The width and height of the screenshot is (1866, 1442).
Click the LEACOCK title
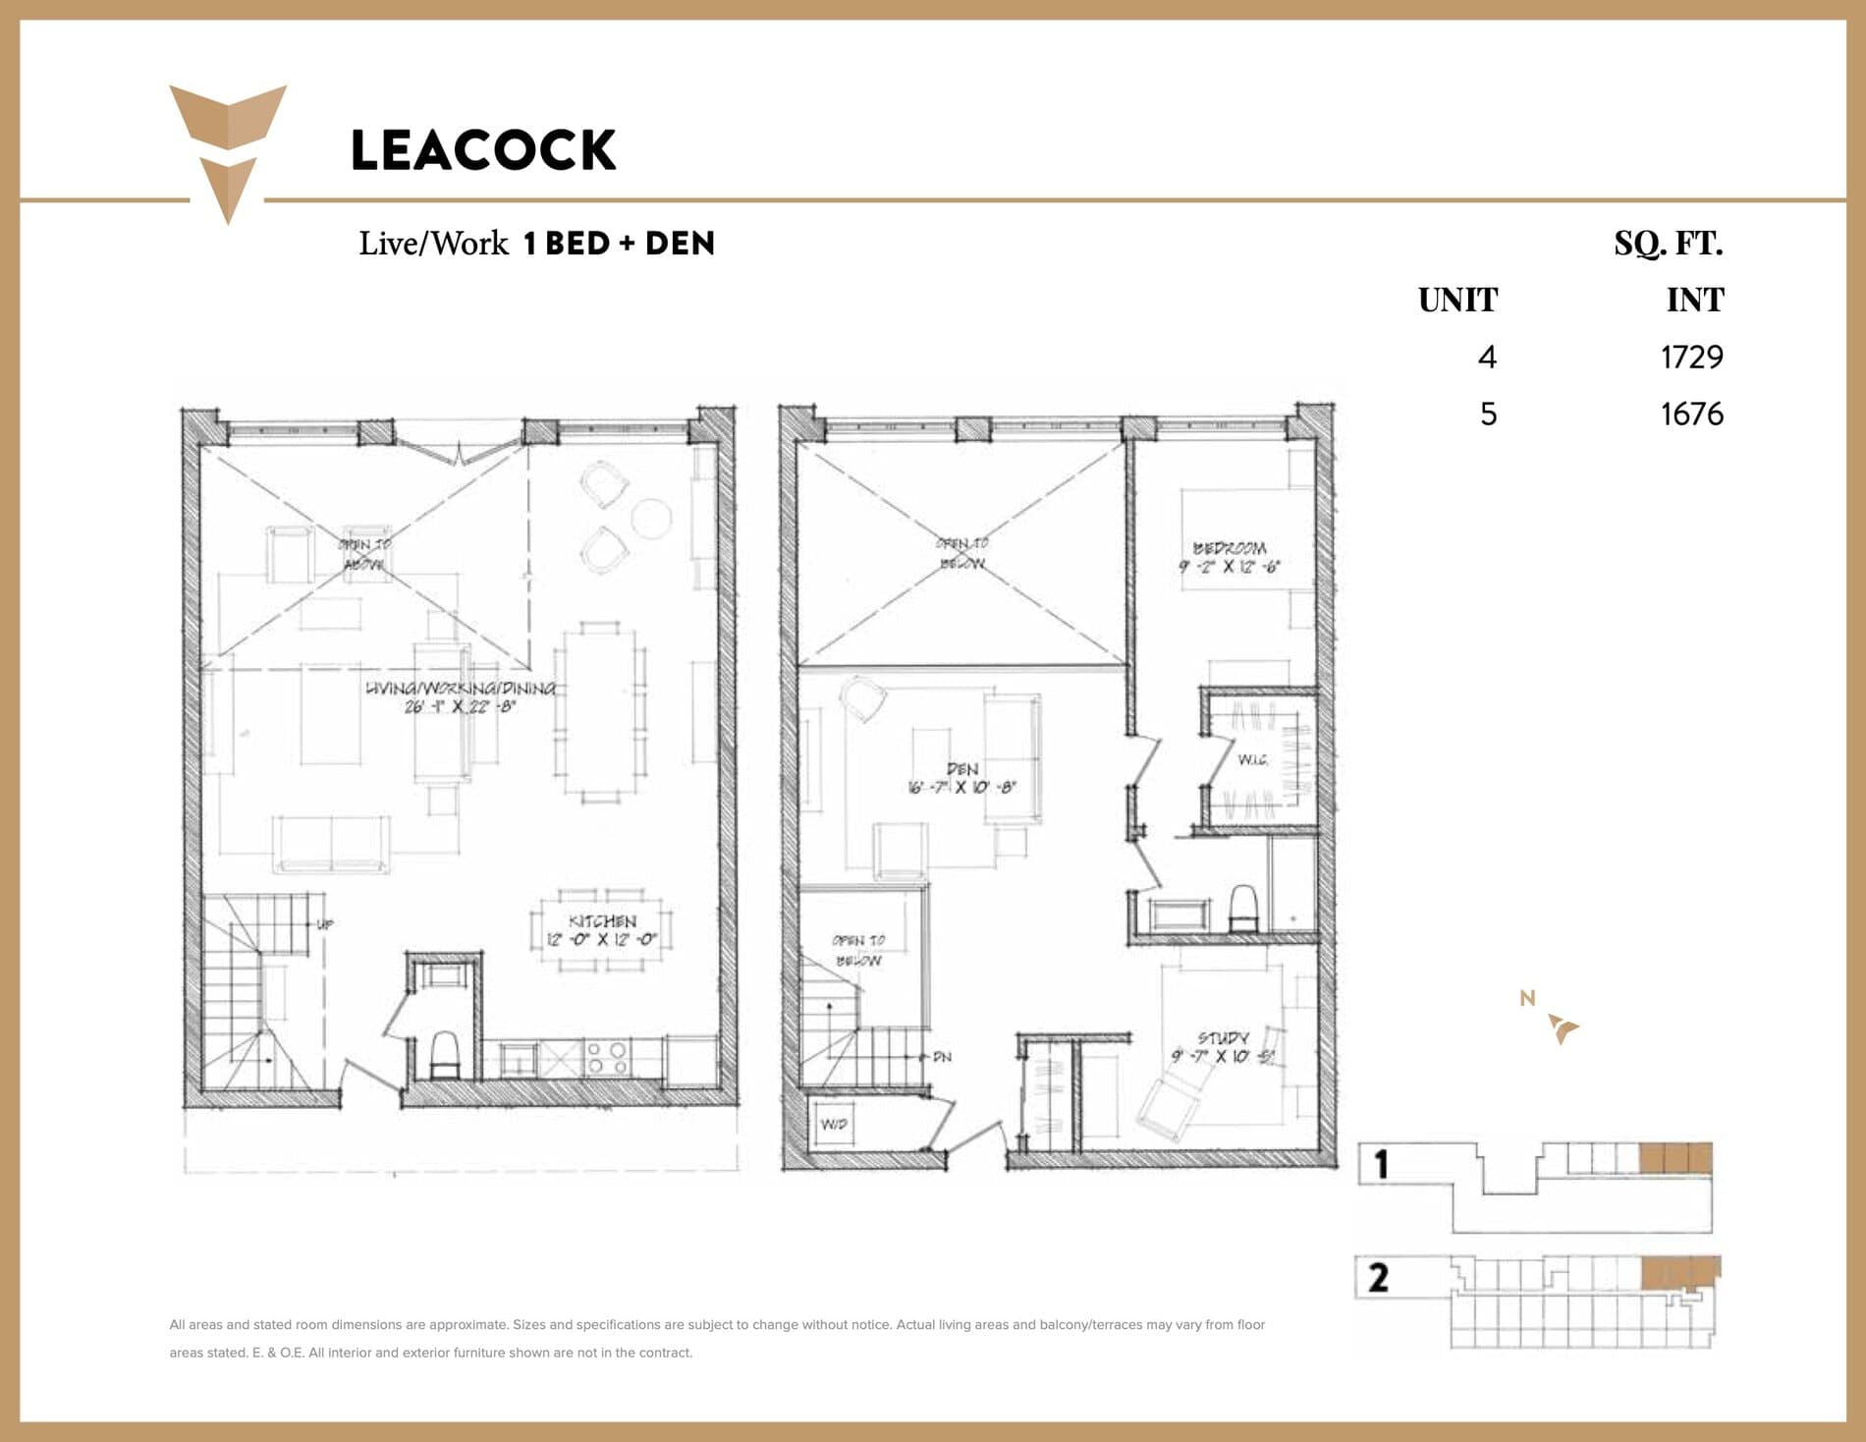(x=483, y=150)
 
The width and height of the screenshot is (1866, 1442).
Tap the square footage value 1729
(x=1691, y=357)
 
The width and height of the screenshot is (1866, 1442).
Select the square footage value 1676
(x=1691, y=414)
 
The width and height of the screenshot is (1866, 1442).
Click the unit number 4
(x=1487, y=357)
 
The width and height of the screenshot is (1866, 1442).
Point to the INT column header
(x=1694, y=300)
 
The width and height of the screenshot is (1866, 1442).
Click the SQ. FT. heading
(x=1668, y=243)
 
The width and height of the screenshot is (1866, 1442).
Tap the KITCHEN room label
(x=602, y=921)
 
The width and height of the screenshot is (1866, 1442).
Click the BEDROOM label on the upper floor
(x=1230, y=548)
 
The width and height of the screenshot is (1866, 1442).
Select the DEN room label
(x=962, y=769)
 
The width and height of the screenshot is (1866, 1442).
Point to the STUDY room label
(x=1223, y=1038)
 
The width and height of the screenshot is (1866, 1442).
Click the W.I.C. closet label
(x=1252, y=759)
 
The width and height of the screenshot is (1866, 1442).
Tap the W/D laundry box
(x=833, y=1124)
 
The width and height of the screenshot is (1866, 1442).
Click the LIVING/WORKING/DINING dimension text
(x=460, y=706)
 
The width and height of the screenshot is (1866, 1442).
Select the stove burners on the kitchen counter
(x=607, y=1058)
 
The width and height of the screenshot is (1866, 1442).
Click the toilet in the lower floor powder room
(x=445, y=1053)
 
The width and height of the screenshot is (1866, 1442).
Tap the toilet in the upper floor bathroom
(x=1243, y=908)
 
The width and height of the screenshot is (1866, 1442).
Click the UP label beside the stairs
(x=325, y=924)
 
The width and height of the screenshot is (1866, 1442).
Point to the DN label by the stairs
(x=941, y=1057)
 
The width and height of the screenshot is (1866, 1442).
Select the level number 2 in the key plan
(x=1378, y=1277)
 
